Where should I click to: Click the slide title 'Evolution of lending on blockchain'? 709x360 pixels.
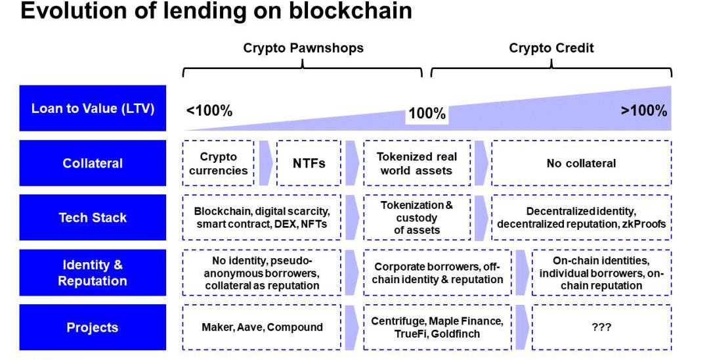[217, 12]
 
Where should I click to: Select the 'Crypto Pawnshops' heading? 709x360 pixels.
[303, 48]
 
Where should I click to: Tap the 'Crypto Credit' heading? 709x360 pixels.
[551, 48]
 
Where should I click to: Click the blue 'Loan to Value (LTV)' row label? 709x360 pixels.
[93, 108]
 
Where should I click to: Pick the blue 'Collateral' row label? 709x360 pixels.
[93, 163]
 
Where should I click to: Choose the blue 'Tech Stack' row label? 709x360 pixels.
[93, 217]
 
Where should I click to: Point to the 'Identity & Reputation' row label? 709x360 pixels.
[93, 273]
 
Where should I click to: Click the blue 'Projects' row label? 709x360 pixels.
[93, 327]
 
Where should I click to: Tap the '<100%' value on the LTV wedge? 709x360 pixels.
[209, 111]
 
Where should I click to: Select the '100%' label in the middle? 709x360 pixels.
[427, 114]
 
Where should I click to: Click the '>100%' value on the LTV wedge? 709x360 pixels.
[644, 110]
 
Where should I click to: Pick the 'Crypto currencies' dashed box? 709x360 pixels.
[218, 163]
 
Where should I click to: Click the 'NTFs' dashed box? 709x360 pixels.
[309, 163]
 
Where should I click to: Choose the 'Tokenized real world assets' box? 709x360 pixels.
[417, 163]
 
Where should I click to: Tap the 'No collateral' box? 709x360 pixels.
[581, 163]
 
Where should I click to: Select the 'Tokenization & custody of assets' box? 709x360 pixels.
[417, 217]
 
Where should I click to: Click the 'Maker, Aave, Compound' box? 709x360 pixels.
[262, 327]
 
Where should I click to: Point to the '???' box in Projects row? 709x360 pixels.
[601, 327]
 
